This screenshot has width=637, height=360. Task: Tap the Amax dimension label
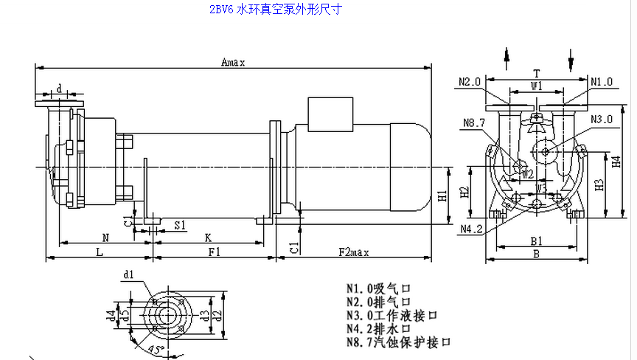[x=233, y=63]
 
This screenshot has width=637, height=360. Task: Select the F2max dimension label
[x=354, y=252]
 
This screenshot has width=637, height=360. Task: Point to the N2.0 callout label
[x=469, y=81]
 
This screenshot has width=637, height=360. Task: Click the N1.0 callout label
[x=602, y=81]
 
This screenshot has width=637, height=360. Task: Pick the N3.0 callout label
[x=602, y=119]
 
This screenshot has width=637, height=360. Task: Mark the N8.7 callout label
[x=473, y=122]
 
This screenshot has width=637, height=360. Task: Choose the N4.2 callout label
[x=471, y=229]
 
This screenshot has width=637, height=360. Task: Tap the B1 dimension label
[x=537, y=240]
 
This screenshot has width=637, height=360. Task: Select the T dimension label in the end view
[x=537, y=74]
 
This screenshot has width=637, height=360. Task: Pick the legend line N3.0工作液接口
[x=392, y=315]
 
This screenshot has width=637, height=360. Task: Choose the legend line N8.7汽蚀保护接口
[x=398, y=342]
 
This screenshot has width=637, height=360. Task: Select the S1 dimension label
[x=179, y=224]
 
